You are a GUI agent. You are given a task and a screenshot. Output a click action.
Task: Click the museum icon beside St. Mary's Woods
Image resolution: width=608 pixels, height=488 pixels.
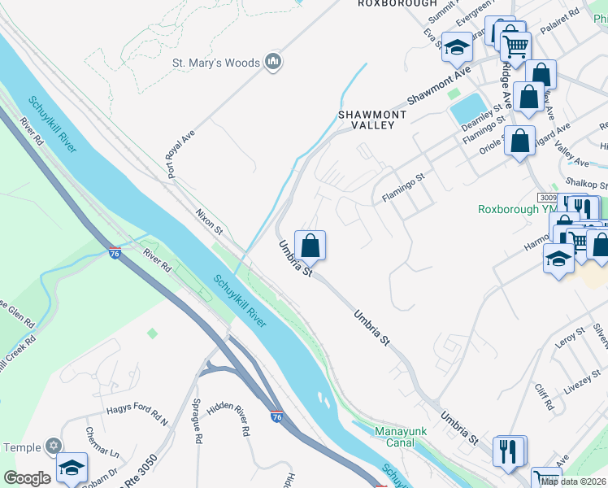[x=274, y=62]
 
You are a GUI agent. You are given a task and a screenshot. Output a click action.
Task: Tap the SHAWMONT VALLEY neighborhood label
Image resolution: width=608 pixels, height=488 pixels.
[x=372, y=120]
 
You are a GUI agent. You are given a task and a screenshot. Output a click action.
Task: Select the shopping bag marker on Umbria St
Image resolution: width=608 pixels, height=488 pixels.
[x=310, y=245]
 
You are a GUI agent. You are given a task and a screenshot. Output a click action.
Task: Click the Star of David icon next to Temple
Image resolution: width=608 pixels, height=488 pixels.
[x=54, y=447]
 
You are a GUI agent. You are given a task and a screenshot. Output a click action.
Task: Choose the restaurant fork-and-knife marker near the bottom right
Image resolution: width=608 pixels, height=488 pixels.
[x=509, y=451]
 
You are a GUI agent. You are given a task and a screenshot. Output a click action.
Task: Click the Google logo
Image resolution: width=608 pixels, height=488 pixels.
[x=27, y=478]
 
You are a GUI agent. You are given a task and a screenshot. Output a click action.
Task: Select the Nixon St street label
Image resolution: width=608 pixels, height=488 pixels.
[x=209, y=220]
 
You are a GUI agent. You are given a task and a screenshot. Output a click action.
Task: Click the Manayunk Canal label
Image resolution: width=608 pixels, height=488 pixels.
[x=395, y=437]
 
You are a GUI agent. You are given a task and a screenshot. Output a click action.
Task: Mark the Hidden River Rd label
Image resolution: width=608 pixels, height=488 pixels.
[x=228, y=418]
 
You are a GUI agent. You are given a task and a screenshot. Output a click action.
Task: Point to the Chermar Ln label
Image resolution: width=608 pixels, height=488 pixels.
[x=101, y=441]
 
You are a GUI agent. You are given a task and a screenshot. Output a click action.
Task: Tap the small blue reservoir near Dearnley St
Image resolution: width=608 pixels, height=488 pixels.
[x=467, y=107]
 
